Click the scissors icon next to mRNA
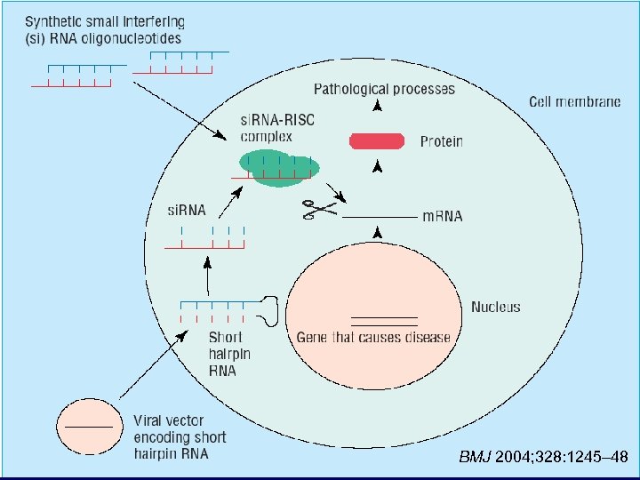pos(319,210)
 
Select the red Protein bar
pos(378,140)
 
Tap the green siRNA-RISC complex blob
pos(277,166)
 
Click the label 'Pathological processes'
pos(384,89)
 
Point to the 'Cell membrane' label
pos(575,102)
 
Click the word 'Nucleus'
pos(495,307)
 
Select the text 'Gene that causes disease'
pos(372,337)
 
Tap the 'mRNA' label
pos(442,216)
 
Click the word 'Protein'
pos(441,141)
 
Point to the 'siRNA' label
pos(187,211)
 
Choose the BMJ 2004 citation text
pos(543,458)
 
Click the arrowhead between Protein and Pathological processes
pos(378,107)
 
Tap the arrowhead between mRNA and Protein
pos(378,166)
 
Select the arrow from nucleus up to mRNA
pos(378,234)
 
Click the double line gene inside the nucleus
pos(384,321)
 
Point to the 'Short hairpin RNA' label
pos(229,354)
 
